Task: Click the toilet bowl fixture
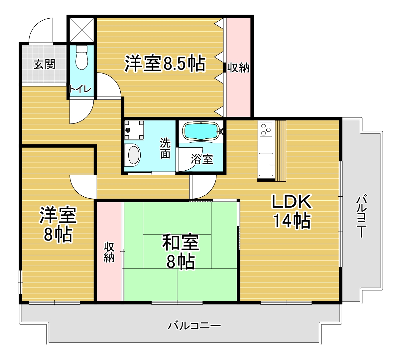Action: pyautogui.click(x=82, y=58)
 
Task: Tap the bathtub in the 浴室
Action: pyautogui.click(x=202, y=131)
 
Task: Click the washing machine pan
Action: pyautogui.click(x=134, y=130)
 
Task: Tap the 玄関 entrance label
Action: pyautogui.click(x=44, y=65)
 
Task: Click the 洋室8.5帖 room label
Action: pyautogui.click(x=165, y=64)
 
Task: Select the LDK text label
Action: pyautogui.click(x=292, y=202)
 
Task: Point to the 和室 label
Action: pyautogui.click(x=181, y=243)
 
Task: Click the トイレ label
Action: pyautogui.click(x=80, y=89)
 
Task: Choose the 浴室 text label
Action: pyautogui.click(x=202, y=159)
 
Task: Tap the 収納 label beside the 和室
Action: pyautogui.click(x=109, y=252)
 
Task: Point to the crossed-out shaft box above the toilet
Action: pyautogui.click(x=81, y=30)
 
